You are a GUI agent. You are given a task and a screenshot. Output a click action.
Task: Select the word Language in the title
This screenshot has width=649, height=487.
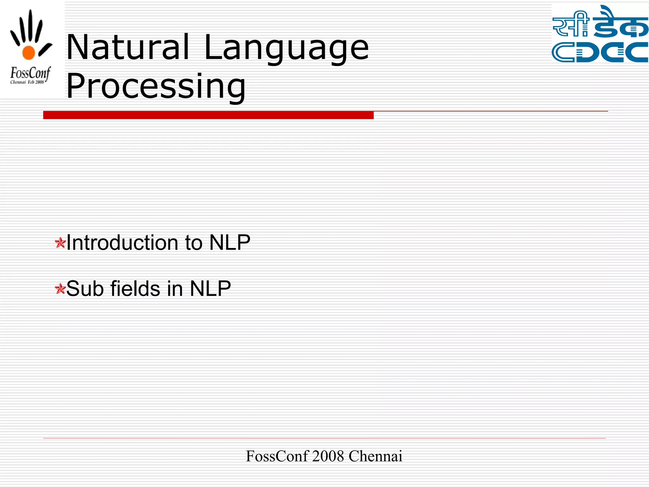[286, 48]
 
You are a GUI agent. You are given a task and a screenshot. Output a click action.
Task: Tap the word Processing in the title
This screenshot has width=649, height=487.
[156, 86]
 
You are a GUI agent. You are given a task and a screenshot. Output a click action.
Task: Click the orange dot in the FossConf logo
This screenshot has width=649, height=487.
[29, 53]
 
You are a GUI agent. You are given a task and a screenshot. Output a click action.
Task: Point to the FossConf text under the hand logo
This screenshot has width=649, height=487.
[30, 73]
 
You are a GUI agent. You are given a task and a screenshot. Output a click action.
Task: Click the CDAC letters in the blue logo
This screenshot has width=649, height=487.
[600, 52]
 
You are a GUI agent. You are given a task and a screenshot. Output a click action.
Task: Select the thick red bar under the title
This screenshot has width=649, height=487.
[208, 115]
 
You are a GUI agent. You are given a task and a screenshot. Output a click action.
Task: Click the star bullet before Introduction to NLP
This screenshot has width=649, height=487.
[60, 243]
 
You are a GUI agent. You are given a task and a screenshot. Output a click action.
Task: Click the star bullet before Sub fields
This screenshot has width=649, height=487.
[60, 289]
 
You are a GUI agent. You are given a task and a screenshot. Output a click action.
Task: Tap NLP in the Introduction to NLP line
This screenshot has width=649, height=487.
[230, 243]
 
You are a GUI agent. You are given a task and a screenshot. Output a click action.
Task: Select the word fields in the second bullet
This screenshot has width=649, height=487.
[135, 289]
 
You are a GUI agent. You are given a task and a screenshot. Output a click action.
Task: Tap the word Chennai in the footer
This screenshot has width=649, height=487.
[375, 456]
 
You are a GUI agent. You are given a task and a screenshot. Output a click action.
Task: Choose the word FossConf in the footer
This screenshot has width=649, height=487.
[277, 456]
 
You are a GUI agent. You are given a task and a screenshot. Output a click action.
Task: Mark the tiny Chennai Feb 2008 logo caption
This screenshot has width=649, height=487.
[27, 82]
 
